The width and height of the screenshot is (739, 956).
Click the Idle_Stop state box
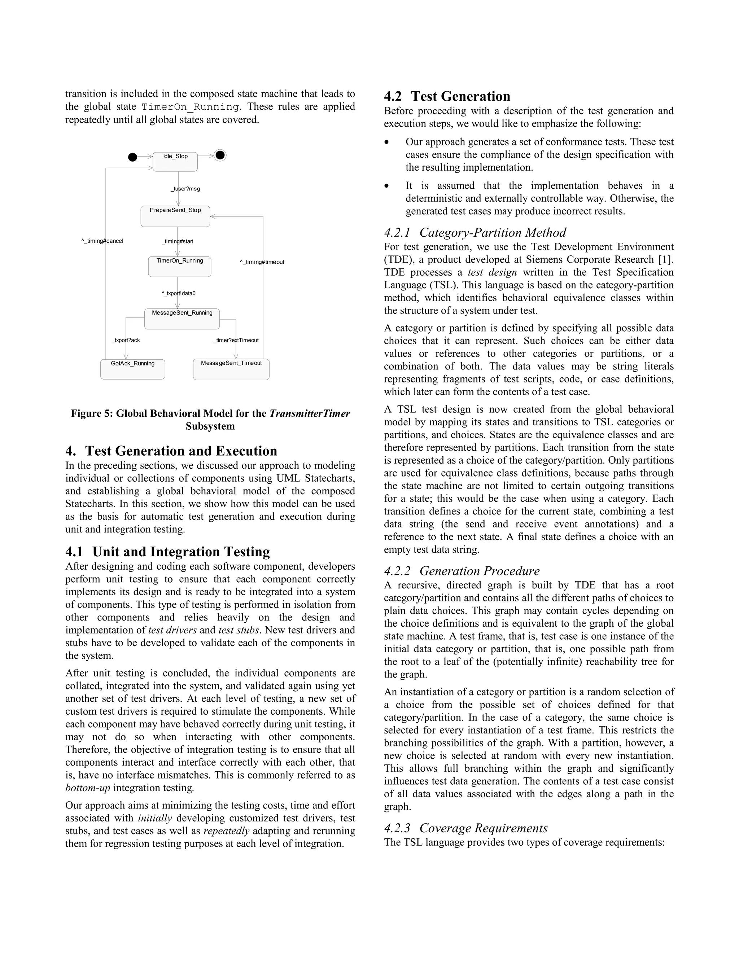[x=175, y=162]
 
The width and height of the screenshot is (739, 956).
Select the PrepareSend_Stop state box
[x=175, y=216]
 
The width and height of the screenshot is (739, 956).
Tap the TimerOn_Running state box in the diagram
[x=179, y=266]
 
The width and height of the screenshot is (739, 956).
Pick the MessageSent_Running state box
[x=182, y=318]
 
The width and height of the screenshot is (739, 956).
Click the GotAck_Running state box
[x=133, y=369]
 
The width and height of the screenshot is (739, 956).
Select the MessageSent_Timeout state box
[x=231, y=369]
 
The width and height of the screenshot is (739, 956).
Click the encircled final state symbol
[x=220, y=155]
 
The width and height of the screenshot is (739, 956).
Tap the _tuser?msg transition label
[x=185, y=189]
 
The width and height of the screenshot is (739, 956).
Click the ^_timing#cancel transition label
[x=102, y=241]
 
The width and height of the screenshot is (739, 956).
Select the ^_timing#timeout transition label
[x=262, y=262]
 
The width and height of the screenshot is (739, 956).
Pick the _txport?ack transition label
[x=126, y=340]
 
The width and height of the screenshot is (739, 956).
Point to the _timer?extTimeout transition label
[x=236, y=340]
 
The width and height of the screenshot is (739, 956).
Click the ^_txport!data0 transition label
[x=179, y=293]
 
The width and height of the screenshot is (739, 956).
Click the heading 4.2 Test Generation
[x=447, y=96]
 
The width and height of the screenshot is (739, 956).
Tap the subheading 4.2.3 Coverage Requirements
[x=466, y=828]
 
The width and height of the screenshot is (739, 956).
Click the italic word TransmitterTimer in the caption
[x=310, y=413]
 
